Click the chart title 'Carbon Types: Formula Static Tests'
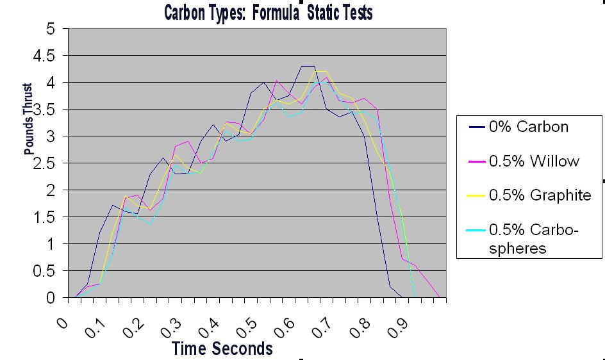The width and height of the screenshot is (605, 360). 268,12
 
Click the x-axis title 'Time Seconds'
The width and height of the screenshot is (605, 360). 222,348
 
